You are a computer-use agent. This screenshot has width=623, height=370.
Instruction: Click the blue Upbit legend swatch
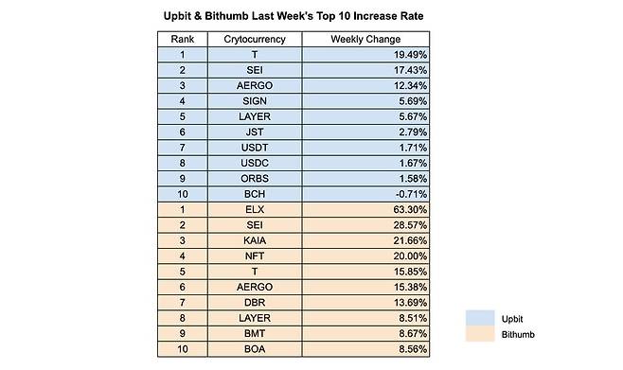(486, 319)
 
